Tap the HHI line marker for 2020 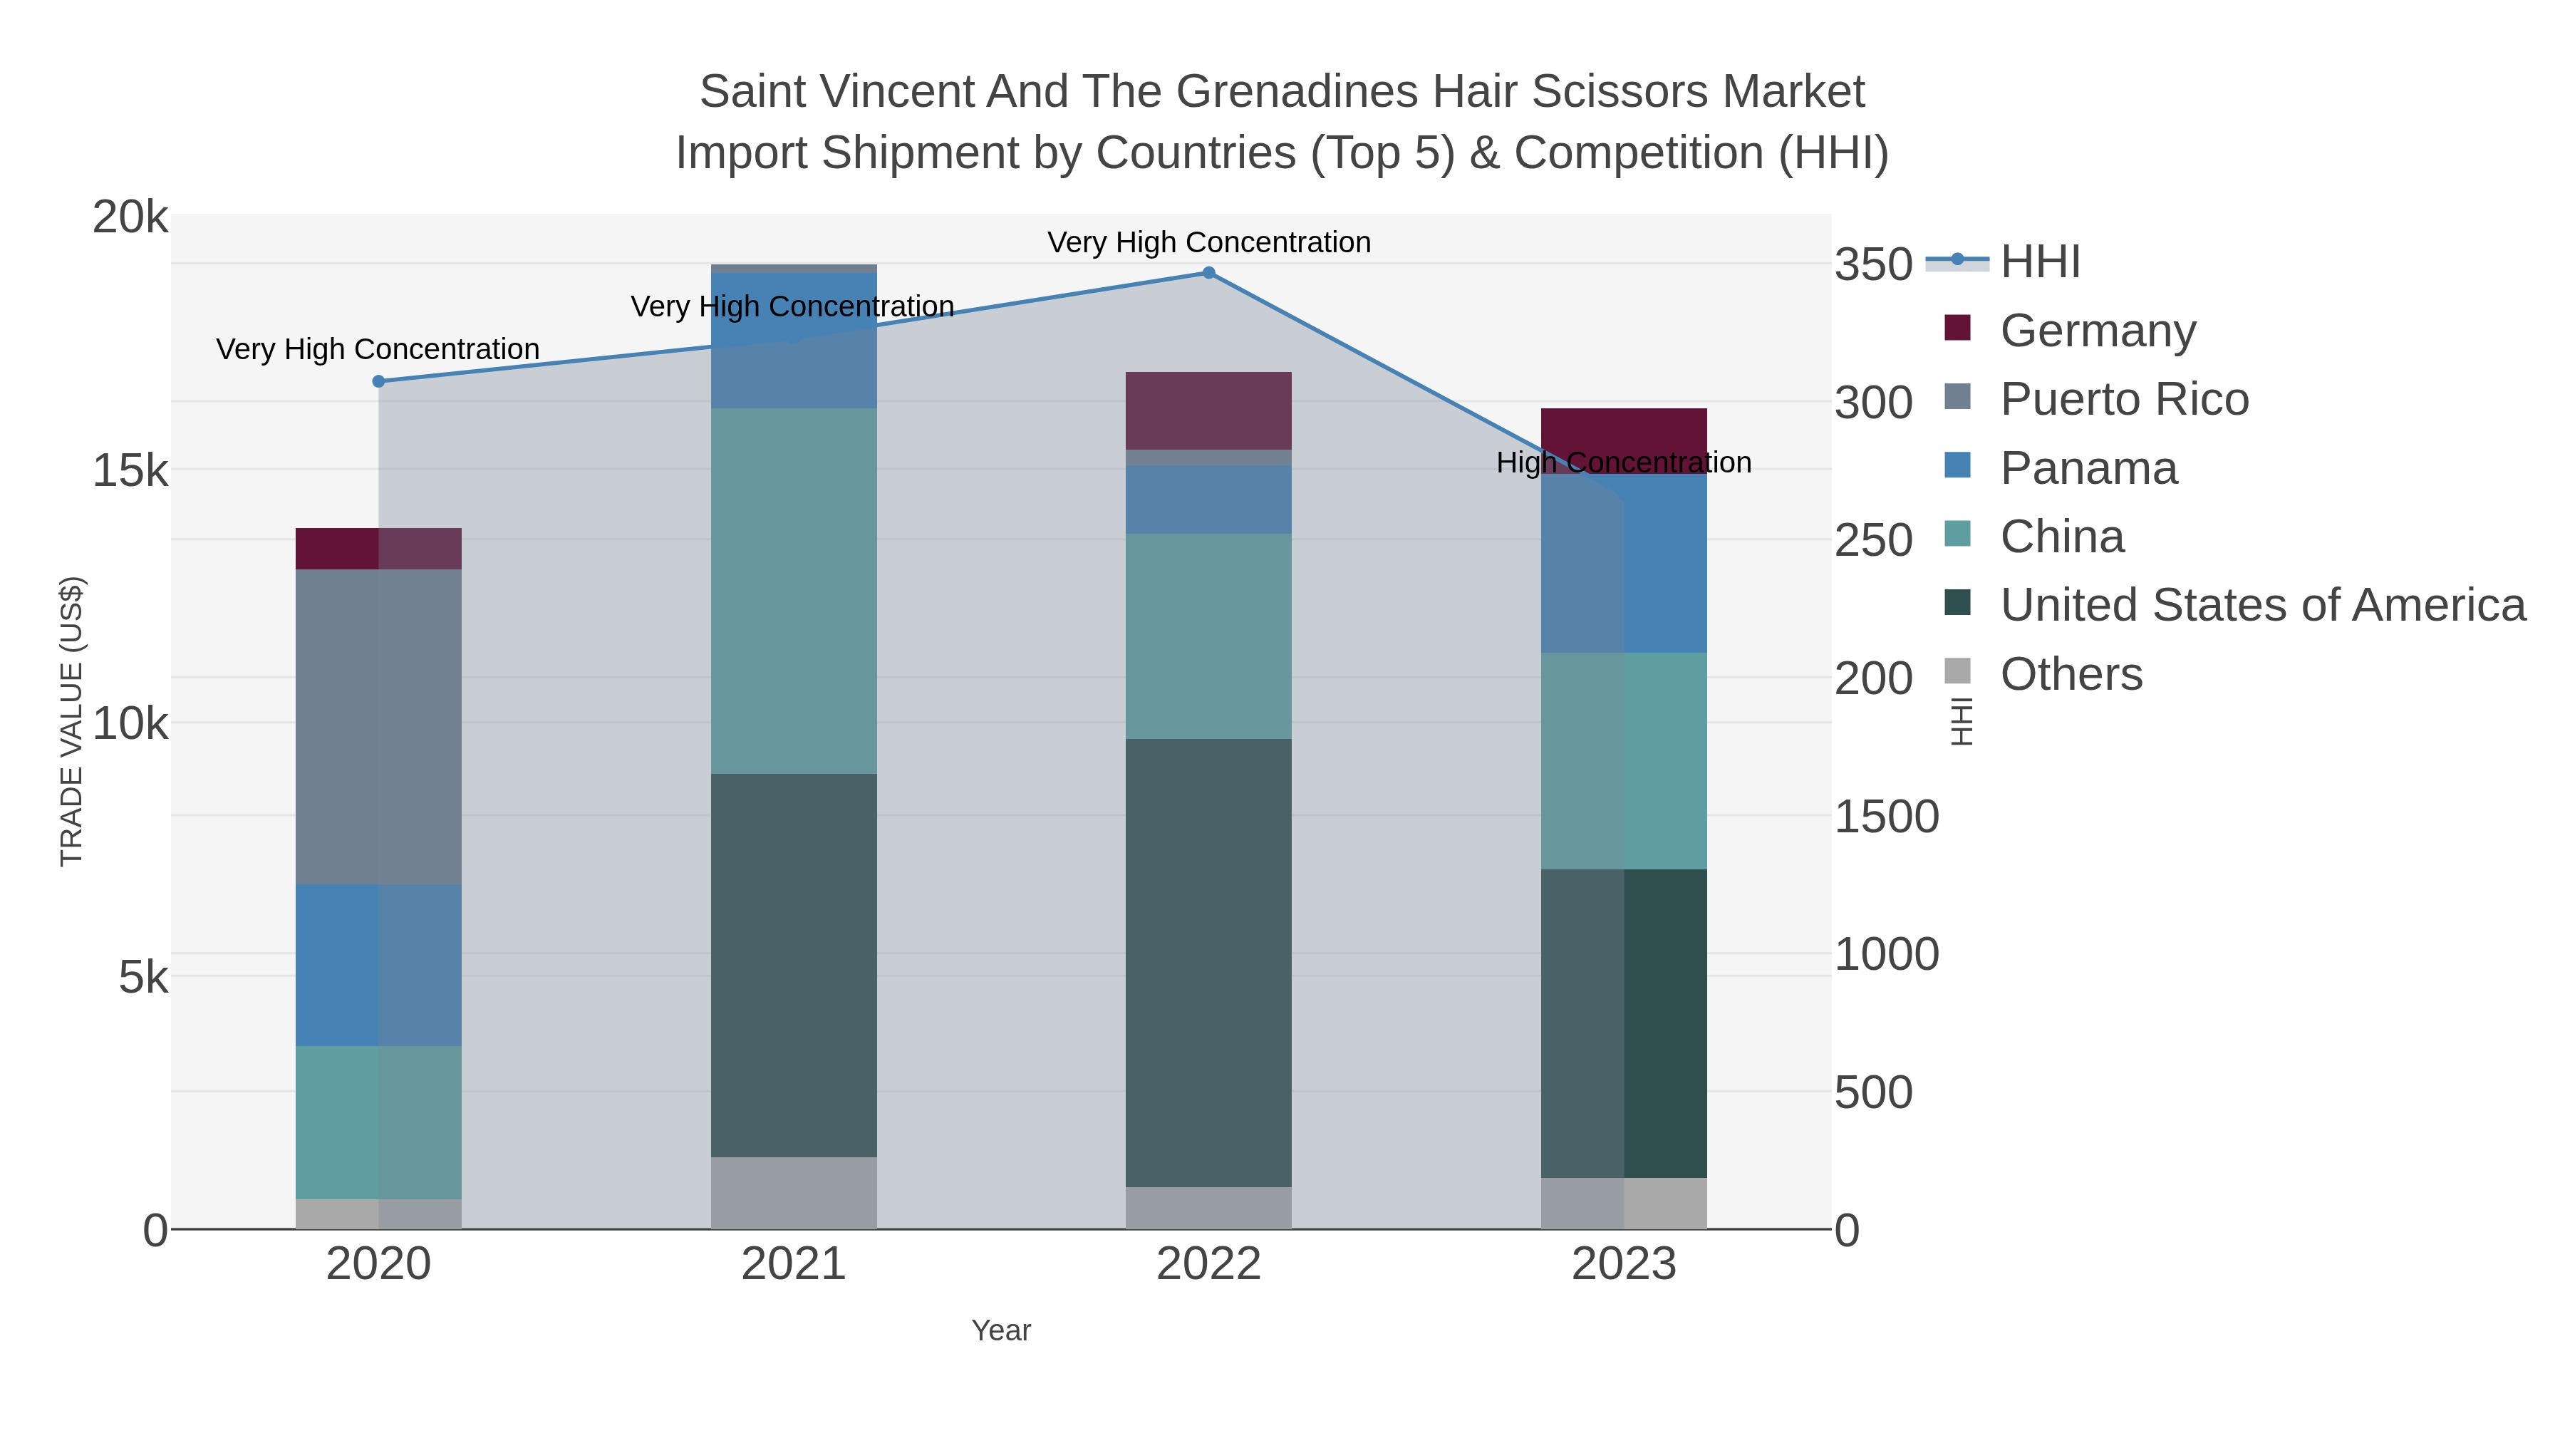[x=378, y=381]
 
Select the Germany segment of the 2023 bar [x=1623, y=434]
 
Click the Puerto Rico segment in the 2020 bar [x=378, y=726]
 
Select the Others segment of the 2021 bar [x=794, y=1192]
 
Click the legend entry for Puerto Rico [x=2124, y=399]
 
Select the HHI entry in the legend [x=2039, y=262]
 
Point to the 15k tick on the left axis [x=130, y=470]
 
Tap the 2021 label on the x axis [x=794, y=1265]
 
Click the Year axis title [x=1001, y=1330]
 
